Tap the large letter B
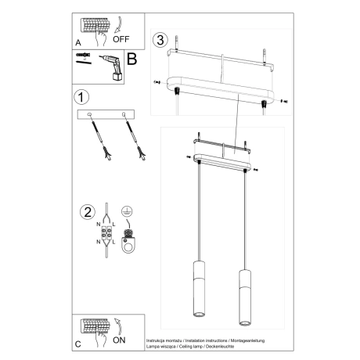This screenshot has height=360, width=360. (x=131, y=58)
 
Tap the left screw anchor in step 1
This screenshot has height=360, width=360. (x=95, y=138)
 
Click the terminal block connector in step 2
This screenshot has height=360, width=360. (x=103, y=235)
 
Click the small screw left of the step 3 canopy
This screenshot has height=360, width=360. (x=157, y=81)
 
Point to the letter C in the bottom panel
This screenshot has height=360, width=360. (x=77, y=344)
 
